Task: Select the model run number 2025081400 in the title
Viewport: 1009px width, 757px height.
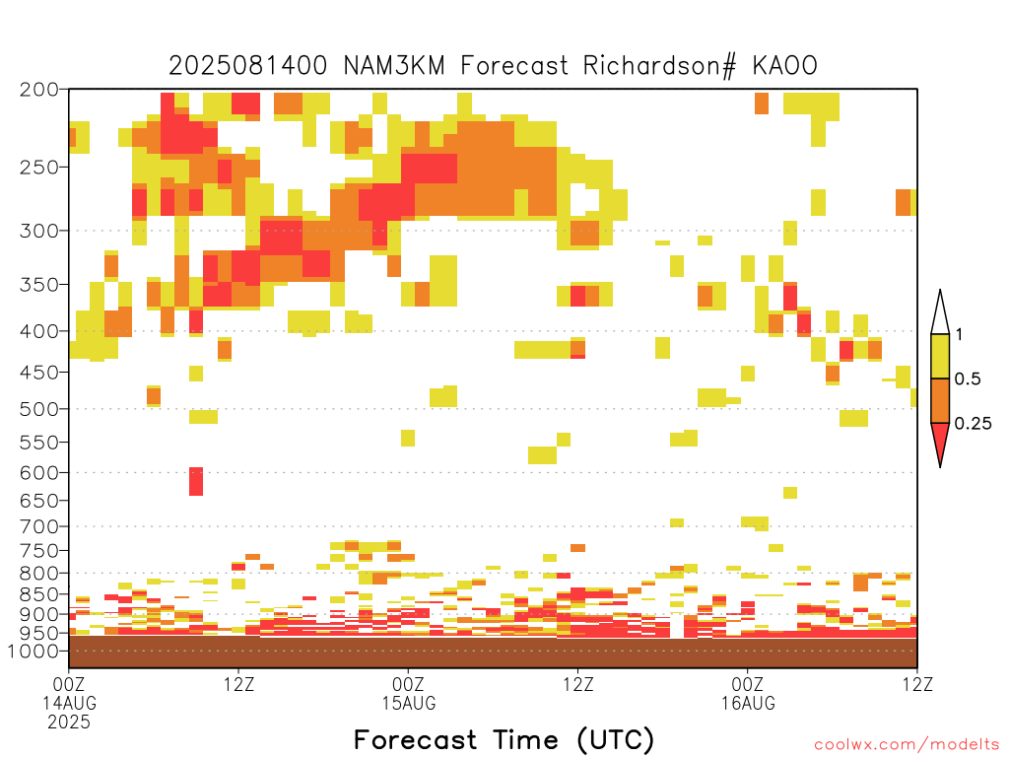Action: (247, 66)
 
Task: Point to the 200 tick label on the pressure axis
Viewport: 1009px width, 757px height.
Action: (38, 90)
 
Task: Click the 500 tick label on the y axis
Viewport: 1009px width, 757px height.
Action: (38, 409)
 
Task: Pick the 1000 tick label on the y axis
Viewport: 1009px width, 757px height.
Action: (34, 651)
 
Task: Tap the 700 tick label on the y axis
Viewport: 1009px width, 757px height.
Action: (38, 526)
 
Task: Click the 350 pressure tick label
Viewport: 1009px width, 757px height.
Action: (38, 285)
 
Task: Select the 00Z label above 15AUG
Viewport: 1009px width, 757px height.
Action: (409, 684)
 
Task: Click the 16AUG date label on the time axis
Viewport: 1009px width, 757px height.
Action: (748, 703)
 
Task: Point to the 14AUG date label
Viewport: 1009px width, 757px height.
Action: (70, 703)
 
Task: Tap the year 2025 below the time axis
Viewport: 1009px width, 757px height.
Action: (69, 723)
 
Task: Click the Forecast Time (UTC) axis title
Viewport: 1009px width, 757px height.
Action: (504, 740)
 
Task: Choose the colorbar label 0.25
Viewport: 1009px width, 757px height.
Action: (973, 424)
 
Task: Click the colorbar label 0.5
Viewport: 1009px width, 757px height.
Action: (968, 379)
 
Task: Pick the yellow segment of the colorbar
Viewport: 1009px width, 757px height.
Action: (940, 356)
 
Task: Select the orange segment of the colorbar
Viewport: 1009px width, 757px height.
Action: (940, 400)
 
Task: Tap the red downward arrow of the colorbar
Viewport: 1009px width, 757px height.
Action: (940, 441)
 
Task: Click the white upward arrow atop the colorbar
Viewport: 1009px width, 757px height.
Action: (940, 315)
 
